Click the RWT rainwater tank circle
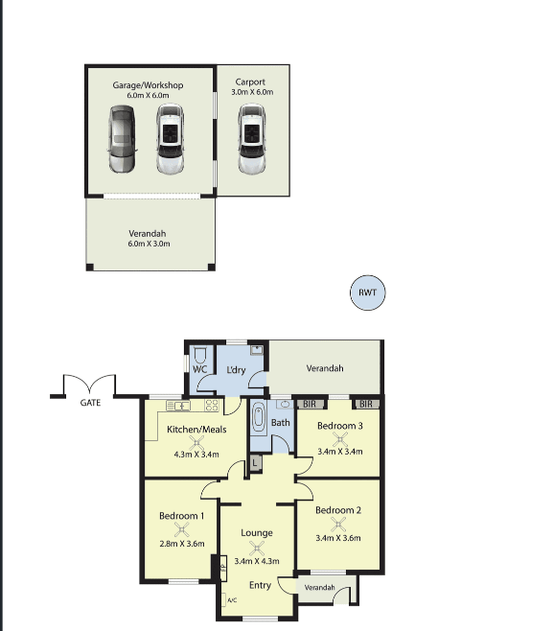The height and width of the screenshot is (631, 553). coord(368,292)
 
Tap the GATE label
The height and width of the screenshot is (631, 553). coord(90,403)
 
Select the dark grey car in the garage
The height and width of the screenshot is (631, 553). coord(123,139)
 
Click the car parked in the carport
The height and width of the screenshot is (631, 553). coord(252,139)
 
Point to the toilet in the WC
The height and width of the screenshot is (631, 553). coord(200,355)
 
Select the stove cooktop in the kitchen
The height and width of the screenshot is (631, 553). coord(212,406)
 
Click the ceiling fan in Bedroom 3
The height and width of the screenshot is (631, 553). coord(340,439)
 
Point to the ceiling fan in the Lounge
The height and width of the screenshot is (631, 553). coord(257,549)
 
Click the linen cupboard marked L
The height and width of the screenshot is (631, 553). coord(255,463)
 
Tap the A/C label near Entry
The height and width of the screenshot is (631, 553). coord(232,600)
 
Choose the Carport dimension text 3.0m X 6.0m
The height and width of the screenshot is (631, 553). coord(252,92)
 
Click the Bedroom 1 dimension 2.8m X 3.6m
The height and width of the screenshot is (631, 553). coord(182,544)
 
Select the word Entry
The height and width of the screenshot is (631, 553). coord(260,585)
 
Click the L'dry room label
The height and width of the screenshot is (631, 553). coord(236,370)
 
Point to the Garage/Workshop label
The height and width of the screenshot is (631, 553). coord(148,85)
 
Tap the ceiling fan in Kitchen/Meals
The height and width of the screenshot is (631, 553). coord(196,443)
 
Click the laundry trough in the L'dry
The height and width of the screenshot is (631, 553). coord(256,350)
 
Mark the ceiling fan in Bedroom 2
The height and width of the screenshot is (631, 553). coord(338,525)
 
